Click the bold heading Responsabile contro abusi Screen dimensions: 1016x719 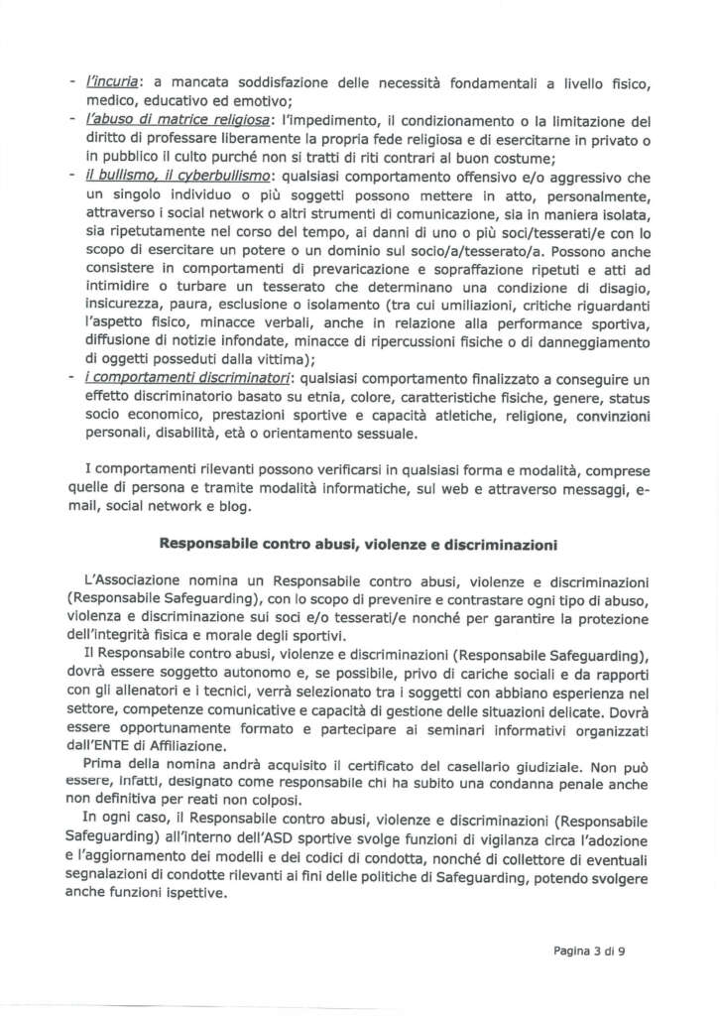click(x=358, y=545)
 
